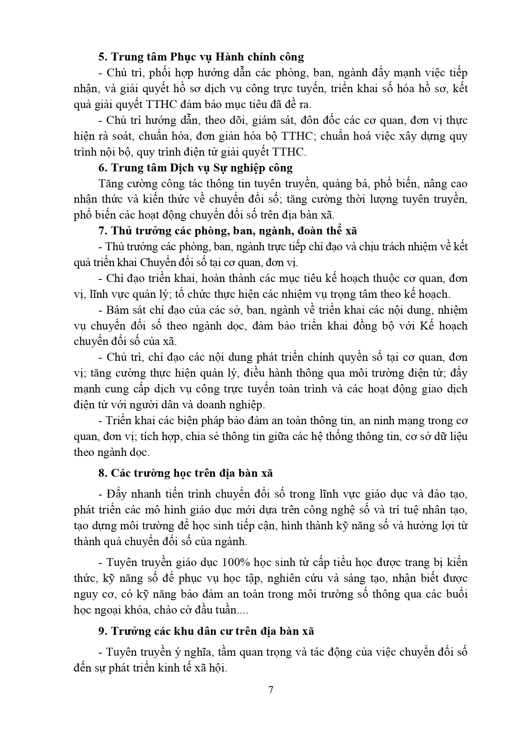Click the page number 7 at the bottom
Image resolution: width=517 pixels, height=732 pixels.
[271, 689]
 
